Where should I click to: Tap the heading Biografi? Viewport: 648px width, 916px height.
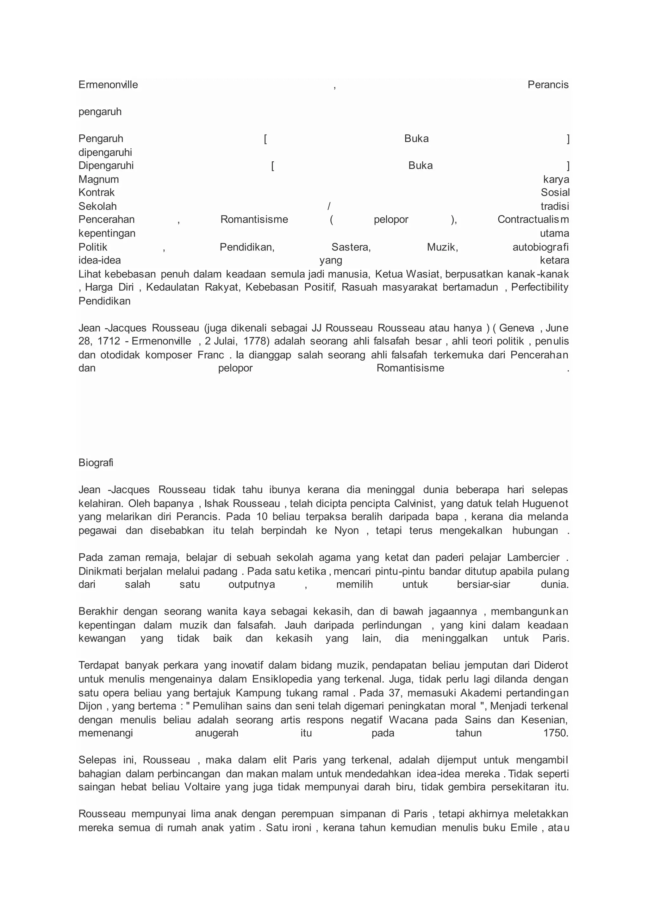(96, 463)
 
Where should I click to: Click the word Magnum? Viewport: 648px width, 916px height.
(98, 180)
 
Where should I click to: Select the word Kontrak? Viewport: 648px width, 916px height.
(97, 193)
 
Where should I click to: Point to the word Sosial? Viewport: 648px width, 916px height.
(555, 193)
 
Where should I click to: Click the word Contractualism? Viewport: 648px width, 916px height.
(533, 220)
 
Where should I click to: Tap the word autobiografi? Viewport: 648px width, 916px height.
(540, 247)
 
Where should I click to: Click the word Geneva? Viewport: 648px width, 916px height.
(516, 328)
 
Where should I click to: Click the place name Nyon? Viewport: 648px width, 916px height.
(346, 531)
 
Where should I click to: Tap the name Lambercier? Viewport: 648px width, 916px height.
(533, 557)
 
